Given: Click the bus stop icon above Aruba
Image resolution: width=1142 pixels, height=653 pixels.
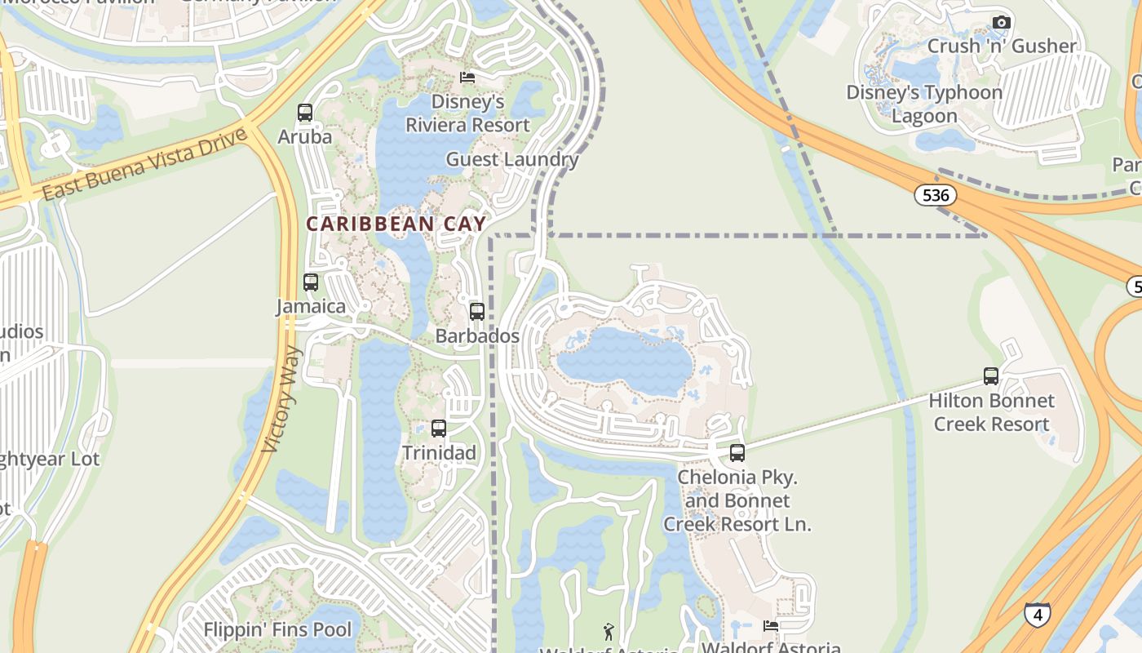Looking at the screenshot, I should pos(305,113).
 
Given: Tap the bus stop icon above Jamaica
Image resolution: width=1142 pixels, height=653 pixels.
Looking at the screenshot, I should pos(311,282).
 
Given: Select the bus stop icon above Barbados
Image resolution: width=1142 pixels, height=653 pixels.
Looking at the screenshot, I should pos(477,312).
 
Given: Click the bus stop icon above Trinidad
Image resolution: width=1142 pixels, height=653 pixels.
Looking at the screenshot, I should pos(439,429).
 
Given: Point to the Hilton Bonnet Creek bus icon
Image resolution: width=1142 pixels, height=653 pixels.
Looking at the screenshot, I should pos(991,376).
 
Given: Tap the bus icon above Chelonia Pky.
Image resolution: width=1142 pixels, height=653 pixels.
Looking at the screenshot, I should pos(737,453).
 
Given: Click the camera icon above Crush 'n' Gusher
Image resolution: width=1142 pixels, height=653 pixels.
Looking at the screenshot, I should pos(1002,23).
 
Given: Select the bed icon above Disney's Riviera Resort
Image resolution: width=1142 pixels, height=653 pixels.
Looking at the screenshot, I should pos(467,78).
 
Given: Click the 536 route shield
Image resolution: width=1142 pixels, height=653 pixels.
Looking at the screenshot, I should pos(935,195).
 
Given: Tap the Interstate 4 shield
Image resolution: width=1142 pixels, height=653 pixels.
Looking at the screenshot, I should pos(1037,615).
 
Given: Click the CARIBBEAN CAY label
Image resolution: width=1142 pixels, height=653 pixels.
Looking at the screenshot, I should pos(396,224).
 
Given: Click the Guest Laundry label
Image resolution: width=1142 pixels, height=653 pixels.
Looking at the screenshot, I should pos(511,159).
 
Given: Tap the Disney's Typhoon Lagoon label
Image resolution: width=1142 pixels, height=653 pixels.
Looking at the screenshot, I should pos(924,104).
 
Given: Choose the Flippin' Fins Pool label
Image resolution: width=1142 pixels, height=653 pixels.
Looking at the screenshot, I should pos(277,630).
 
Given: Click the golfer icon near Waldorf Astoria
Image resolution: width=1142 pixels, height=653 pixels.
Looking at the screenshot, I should pos(609,631).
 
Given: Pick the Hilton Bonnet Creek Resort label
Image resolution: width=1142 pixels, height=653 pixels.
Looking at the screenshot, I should pos(991,412).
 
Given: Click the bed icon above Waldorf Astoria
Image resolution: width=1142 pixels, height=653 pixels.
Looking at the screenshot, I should pos(771,626).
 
